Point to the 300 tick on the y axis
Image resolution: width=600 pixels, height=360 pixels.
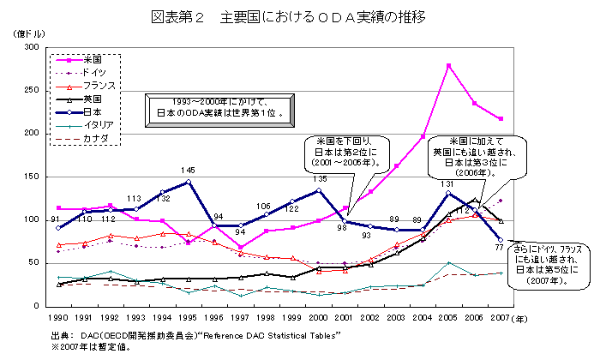coord(35,48)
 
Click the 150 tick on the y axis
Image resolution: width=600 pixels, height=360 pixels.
coord(35,177)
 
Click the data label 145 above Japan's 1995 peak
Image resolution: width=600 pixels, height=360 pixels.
coord(189,171)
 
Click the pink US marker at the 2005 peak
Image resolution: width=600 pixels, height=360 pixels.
coord(448,65)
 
